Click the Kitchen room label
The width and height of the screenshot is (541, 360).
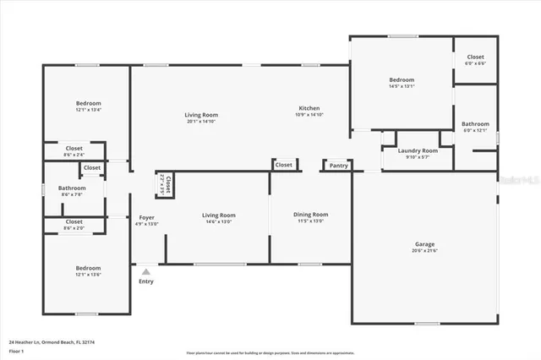coord(309,108)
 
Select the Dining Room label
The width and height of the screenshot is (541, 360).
coord(310,215)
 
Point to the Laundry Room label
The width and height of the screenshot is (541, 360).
coord(418,150)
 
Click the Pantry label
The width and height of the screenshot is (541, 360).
coord(339,166)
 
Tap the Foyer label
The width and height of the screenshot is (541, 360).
coord(146,218)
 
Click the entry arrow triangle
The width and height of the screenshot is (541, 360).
coord(146,271)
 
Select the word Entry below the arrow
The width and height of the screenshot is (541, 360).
coord(146,281)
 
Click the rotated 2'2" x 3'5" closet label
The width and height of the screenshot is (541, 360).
coord(164,185)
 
